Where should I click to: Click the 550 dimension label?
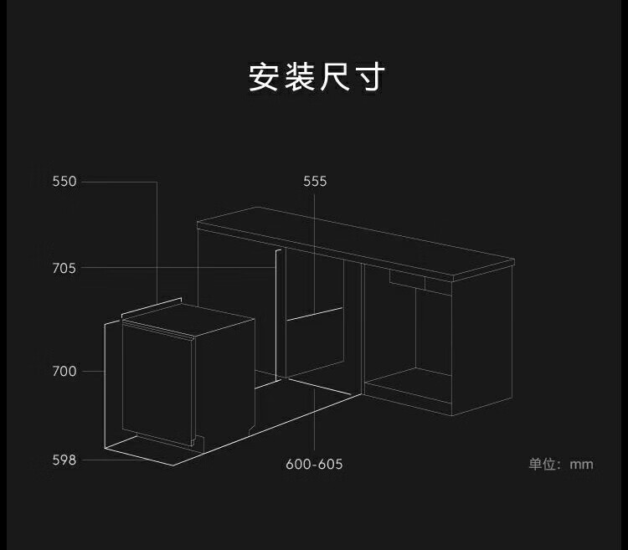pyautogui.click(x=64, y=182)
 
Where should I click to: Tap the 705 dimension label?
pyautogui.click(x=64, y=269)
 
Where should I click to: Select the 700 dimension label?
pyautogui.click(x=64, y=371)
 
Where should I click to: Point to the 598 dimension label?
pyautogui.click(x=64, y=460)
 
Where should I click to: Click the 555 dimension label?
pyautogui.click(x=315, y=182)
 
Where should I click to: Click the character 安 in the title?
pyautogui.click(x=264, y=77)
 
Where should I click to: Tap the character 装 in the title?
pyautogui.click(x=299, y=77)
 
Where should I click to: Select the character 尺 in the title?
pyautogui.click(x=334, y=77)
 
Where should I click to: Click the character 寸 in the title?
pyautogui.click(x=369, y=77)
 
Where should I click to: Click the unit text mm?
pyautogui.click(x=581, y=464)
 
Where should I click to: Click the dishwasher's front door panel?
pyautogui.click(x=157, y=385)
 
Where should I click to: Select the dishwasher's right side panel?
pyautogui.click(x=224, y=377)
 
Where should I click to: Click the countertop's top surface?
pyautogui.click(x=352, y=243)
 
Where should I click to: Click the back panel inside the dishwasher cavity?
pyautogui.click(x=314, y=343)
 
